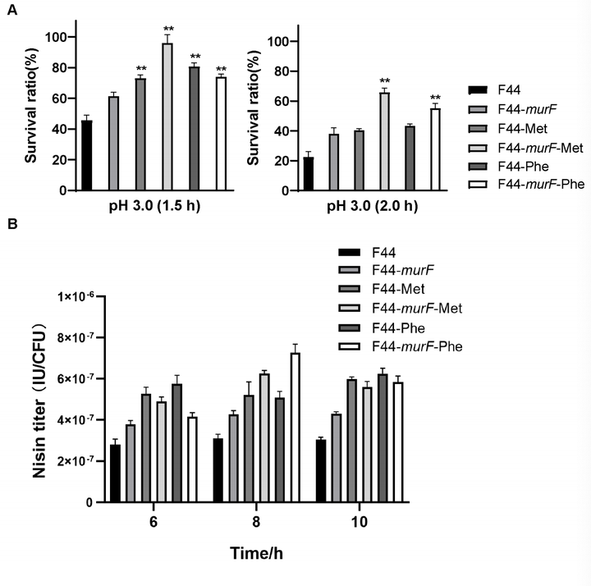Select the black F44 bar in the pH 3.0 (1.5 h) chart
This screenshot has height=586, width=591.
[x=86, y=155]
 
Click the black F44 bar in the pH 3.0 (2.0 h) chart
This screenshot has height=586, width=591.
[x=308, y=174]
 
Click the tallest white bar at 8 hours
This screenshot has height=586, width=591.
[x=318, y=428]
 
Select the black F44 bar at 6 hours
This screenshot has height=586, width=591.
[x=115, y=474]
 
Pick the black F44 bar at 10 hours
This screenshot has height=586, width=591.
[x=321, y=471]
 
